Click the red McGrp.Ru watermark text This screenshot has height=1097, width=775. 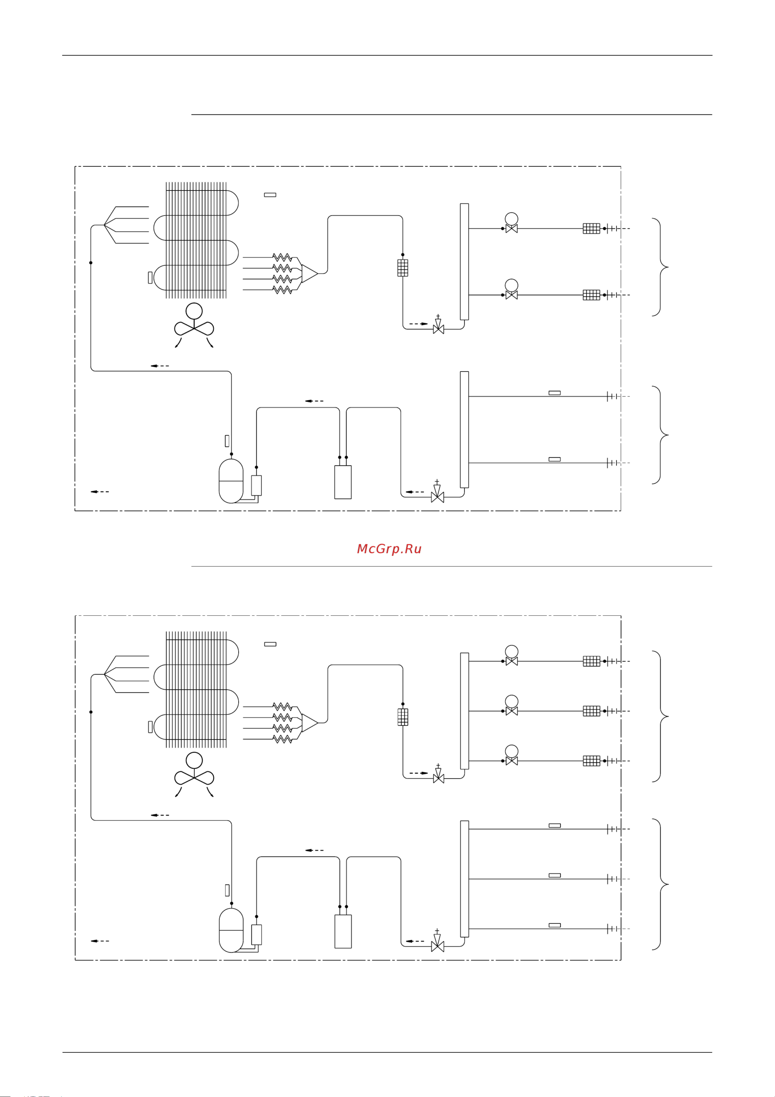coord(389,549)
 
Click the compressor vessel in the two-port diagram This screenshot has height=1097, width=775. coord(231,481)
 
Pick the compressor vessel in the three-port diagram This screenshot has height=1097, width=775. coord(231,930)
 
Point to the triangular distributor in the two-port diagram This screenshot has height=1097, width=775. coord(309,273)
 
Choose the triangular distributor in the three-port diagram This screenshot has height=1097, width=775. coord(309,723)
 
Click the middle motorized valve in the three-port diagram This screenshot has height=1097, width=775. coord(512,711)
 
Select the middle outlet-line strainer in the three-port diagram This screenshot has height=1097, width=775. coord(592,711)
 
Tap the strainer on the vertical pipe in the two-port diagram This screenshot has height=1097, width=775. coord(403,267)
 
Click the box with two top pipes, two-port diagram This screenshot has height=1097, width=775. coord(343,482)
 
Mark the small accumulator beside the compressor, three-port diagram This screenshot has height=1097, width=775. coord(257,935)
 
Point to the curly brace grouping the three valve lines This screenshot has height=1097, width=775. coord(660,716)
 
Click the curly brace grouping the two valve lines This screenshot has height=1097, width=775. coord(660,267)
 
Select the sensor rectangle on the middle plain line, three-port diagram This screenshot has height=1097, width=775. coord(555,875)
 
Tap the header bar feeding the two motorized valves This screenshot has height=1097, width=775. coord(464,261)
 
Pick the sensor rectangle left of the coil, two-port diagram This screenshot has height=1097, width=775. coord(150,278)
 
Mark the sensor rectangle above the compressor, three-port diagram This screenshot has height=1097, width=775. coord(227,890)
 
